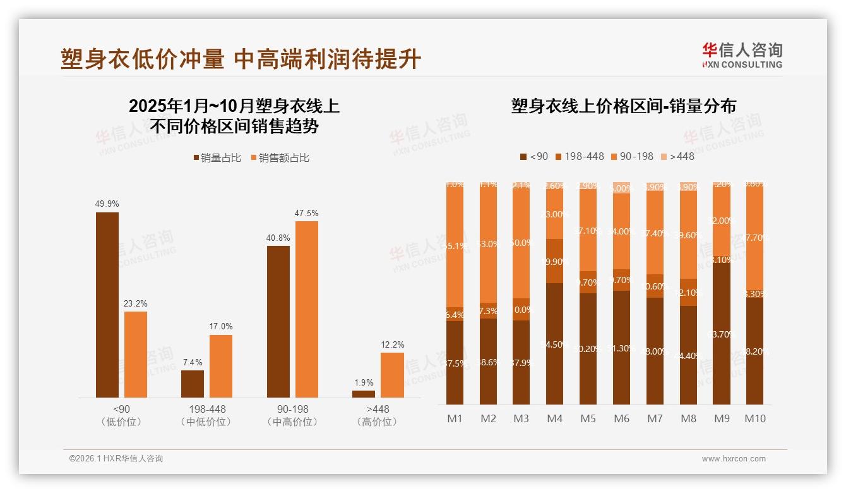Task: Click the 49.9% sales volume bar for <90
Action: (107, 305)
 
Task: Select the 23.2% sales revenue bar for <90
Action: (136, 354)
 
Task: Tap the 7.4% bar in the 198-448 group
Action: (193, 384)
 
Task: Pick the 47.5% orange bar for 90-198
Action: (307, 309)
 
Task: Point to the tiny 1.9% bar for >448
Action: (364, 394)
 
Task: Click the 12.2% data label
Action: (392, 344)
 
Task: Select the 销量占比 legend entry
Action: (218, 158)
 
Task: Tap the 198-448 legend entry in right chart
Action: (579, 156)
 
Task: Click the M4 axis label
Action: (554, 418)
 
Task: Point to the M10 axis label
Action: (754, 418)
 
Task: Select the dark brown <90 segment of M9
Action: (722, 334)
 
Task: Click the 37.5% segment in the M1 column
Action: (455, 363)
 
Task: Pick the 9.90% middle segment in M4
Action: (554, 261)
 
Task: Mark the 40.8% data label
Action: (278, 238)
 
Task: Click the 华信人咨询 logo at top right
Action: (742, 55)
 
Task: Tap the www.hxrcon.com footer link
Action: (734, 459)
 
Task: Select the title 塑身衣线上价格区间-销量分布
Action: (623, 106)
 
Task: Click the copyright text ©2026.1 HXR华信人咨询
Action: (116, 459)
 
